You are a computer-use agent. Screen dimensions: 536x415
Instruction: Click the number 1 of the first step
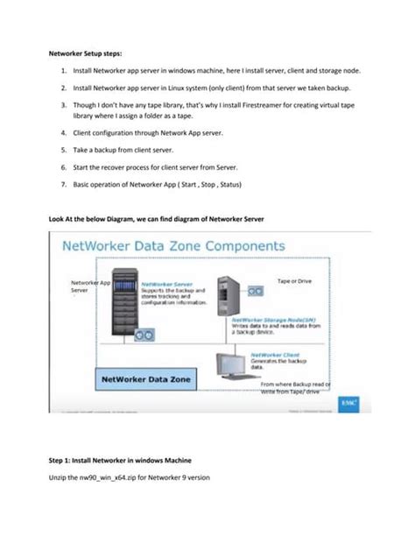(66, 69)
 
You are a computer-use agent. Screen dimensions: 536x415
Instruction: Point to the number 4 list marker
(65, 134)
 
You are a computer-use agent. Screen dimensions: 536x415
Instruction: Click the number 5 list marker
(65, 150)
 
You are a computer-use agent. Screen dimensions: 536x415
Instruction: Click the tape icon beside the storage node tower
(256, 290)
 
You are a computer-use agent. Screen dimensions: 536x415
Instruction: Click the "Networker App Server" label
(88, 288)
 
